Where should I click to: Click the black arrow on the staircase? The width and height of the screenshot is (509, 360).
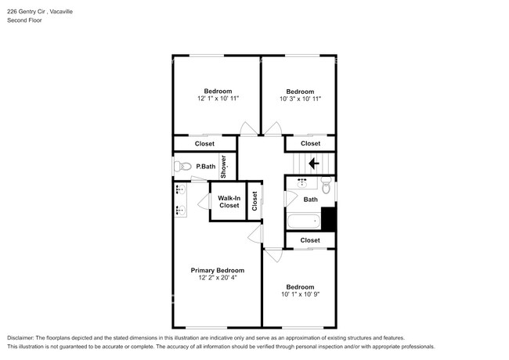(313, 164)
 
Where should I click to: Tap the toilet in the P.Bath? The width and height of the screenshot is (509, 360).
(183, 166)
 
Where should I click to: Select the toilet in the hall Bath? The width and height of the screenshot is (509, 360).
(327, 186)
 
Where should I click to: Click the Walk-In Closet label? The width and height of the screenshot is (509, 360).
(229, 202)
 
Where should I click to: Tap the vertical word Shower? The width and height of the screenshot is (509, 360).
(223, 166)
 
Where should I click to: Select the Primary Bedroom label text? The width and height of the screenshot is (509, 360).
(218, 270)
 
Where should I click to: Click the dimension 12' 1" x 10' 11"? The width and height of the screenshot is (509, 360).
(218, 99)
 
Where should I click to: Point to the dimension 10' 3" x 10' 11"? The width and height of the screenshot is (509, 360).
(300, 99)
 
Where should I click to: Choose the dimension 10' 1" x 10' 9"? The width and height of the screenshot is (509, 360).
(300, 294)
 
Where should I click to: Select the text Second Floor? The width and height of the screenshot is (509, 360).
(25, 20)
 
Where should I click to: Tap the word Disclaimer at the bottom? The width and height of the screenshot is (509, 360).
(22, 336)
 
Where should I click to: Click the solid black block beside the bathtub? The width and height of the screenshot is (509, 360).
(329, 218)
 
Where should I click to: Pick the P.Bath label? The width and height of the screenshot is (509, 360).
(206, 166)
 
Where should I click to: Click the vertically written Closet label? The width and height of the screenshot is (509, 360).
(254, 202)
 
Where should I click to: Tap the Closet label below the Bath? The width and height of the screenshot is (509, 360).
(311, 240)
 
